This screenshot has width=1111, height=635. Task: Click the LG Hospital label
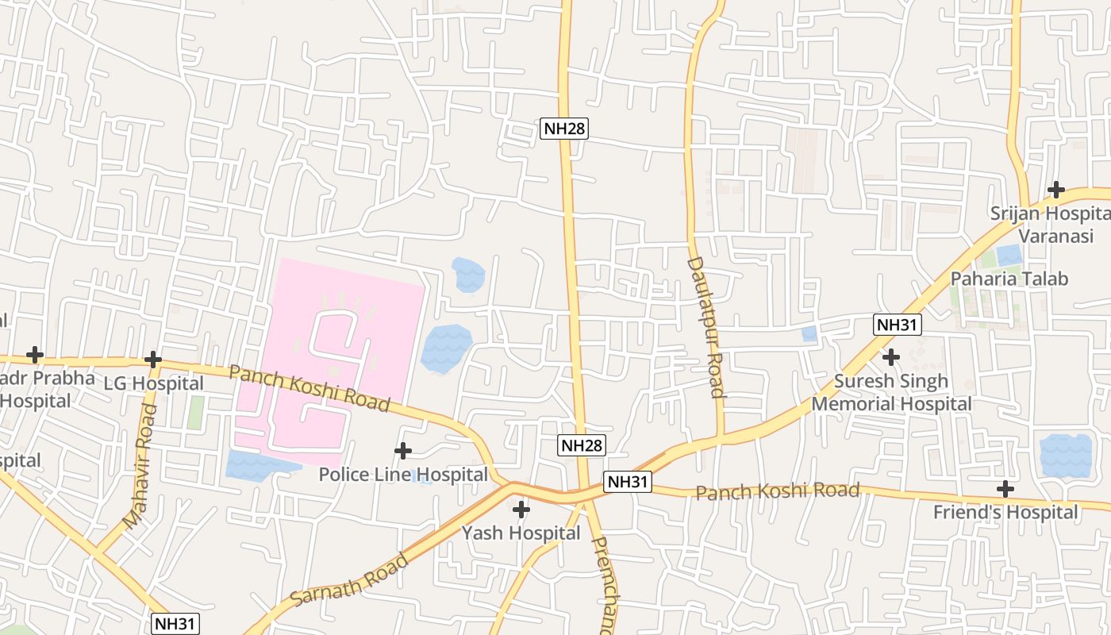[x=154, y=383]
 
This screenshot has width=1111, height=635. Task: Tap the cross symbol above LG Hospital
[x=153, y=360]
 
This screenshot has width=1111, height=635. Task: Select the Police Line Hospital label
[x=403, y=475]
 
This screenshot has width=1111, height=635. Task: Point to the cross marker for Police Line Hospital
[x=403, y=451]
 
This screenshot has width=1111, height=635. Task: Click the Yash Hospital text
[x=521, y=533]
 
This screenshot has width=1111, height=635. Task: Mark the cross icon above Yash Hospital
[x=521, y=509]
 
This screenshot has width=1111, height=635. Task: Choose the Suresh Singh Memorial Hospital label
[x=891, y=392]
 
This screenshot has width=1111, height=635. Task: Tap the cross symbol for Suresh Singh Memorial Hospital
[x=891, y=357]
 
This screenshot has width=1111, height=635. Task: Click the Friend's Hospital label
[x=1005, y=512]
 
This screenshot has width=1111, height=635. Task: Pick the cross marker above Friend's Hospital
[x=1005, y=488]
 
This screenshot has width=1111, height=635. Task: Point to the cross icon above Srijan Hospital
[x=1055, y=190]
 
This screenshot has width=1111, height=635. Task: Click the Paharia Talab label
[x=1009, y=279]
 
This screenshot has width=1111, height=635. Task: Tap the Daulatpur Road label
[x=705, y=326]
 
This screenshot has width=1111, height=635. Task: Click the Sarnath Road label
[x=350, y=580]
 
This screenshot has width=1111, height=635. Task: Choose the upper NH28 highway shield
[x=564, y=129]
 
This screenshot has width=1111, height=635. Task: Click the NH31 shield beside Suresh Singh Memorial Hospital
[x=897, y=324]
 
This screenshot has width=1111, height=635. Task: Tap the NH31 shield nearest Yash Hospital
[x=628, y=482]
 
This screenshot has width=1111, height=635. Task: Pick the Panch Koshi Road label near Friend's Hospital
[x=777, y=491]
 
